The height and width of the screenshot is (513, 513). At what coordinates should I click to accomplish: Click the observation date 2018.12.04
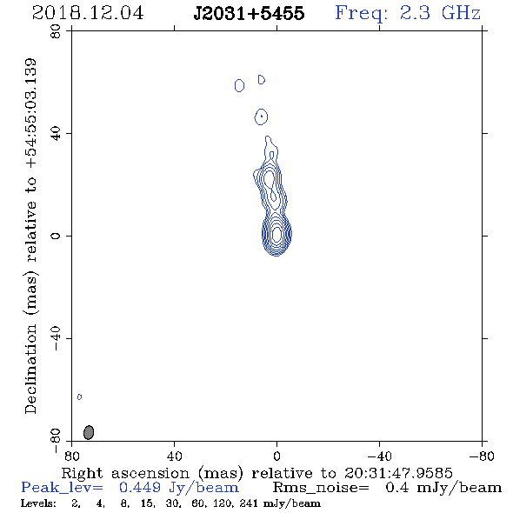(88, 13)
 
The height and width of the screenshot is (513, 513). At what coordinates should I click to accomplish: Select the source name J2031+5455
(249, 13)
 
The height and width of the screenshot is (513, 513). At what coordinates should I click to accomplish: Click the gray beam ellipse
(89, 432)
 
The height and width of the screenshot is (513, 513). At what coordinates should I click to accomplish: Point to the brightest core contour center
(276, 234)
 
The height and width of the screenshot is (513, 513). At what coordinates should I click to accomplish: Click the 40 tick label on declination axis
(56, 134)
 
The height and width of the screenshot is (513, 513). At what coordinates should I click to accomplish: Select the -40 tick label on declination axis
(56, 338)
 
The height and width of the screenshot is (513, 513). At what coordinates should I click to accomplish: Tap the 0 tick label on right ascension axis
(276, 456)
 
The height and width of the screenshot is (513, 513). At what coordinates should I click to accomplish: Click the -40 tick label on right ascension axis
(379, 456)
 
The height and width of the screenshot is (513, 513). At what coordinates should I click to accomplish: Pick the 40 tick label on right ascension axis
(174, 456)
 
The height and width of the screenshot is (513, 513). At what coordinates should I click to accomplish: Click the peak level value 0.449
(140, 488)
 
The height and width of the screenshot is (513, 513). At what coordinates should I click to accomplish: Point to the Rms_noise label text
(321, 488)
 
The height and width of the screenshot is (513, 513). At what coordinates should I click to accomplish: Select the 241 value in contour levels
(247, 503)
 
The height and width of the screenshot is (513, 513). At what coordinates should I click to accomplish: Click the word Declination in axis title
(30, 369)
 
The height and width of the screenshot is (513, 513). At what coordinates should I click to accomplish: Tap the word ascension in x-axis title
(150, 473)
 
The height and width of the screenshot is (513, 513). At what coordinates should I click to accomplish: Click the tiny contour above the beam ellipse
(79, 396)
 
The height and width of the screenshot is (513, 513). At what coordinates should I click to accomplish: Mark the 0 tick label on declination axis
(56, 236)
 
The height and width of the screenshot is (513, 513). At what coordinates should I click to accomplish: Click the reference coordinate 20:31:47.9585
(398, 473)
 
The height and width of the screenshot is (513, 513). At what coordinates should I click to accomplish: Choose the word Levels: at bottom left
(38, 503)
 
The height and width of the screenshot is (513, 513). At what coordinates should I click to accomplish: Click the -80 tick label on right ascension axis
(482, 456)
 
